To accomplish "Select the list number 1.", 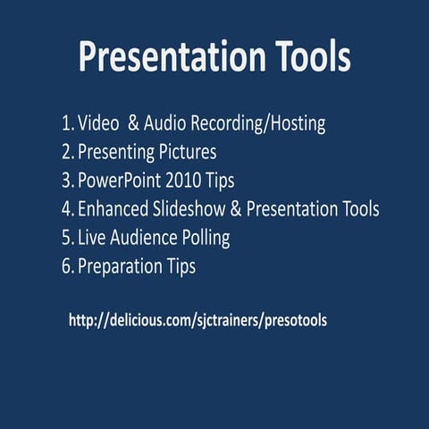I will coord(67,122).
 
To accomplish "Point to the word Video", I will coord(97,122).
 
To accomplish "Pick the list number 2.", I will coord(67,151).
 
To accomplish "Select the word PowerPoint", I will coord(120,181).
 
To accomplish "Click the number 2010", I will coord(185,181).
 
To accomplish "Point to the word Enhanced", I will coord(116,209).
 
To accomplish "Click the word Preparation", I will coord(121,267).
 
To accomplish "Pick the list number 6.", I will coord(67,266).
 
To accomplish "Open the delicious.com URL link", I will coord(198,320).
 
